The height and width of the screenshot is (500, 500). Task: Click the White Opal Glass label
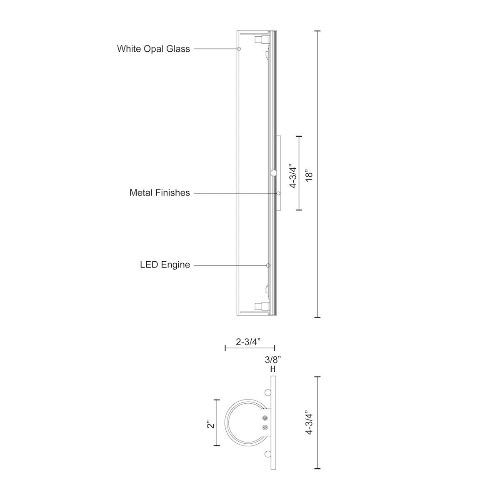point(153,49)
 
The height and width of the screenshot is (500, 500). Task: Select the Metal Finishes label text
point(160,193)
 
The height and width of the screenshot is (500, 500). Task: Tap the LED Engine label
point(165,265)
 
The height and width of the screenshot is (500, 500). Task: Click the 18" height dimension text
point(309,174)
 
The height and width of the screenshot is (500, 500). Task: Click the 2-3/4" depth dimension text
point(248,342)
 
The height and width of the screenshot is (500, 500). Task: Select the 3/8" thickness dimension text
point(272,360)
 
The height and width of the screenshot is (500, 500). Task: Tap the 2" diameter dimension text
point(212,425)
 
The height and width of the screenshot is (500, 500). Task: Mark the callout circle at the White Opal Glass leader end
point(239,49)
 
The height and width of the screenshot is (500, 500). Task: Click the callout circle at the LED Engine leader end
point(268,265)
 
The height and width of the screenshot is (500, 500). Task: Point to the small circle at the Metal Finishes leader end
point(278,193)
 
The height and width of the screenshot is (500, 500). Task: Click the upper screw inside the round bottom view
point(264,418)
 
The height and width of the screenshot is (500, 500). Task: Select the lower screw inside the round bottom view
point(264,427)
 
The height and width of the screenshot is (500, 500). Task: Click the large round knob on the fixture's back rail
point(274,172)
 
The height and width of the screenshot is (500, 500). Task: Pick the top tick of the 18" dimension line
point(317,31)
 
